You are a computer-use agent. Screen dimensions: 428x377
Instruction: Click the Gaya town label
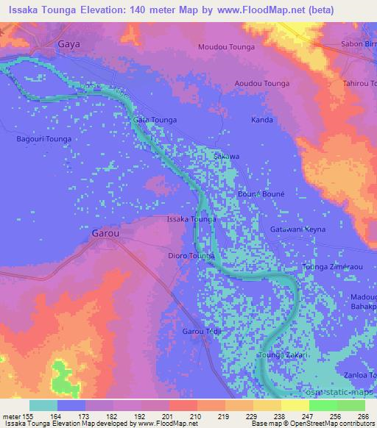[x=68, y=44]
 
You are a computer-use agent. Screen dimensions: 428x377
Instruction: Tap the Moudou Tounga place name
[x=227, y=48]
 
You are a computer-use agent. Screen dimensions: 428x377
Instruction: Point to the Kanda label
[x=262, y=120]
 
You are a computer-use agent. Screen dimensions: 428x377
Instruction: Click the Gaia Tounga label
[x=155, y=119]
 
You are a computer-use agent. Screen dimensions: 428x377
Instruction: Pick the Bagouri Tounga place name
[x=43, y=138]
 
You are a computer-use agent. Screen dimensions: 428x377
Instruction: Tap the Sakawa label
[x=226, y=157]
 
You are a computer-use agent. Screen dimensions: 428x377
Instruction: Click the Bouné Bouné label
[x=256, y=193]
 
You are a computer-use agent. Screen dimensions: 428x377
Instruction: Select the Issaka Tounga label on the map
[x=191, y=220]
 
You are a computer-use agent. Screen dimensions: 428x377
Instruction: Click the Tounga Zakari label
[x=279, y=355]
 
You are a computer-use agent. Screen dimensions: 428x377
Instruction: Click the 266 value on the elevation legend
[x=363, y=415]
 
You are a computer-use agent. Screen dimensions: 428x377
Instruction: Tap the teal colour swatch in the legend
[x=43, y=405]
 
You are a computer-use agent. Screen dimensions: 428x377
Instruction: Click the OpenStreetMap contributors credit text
[x=324, y=424]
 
